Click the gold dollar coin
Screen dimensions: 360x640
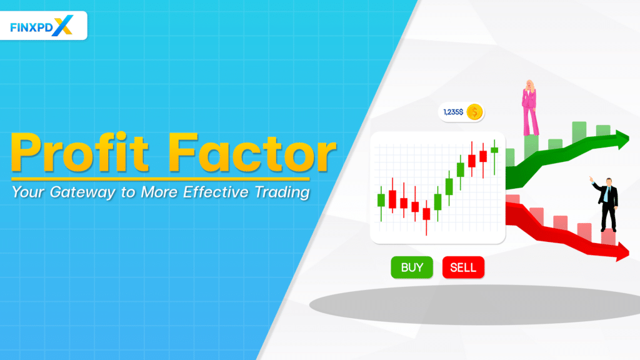tap(474, 112)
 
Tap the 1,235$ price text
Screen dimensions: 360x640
tap(453, 112)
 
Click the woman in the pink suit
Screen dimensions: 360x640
tap(530, 109)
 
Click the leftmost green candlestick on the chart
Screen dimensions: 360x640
tap(381, 200)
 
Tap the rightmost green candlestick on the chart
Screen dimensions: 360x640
tap(494, 150)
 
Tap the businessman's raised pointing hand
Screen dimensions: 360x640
tap(591, 179)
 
